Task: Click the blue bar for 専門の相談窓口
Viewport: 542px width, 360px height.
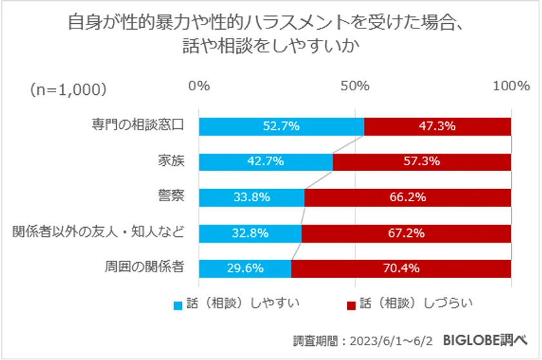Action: pos(281,126)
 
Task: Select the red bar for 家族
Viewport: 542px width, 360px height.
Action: pos(422,162)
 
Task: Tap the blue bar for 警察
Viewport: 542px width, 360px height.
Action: pos(252,197)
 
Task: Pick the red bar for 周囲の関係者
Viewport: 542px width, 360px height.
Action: pos(401,268)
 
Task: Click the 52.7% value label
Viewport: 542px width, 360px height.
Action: pos(281,126)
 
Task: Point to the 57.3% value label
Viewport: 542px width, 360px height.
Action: pos(422,162)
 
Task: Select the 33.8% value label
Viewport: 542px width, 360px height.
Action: pos(252,197)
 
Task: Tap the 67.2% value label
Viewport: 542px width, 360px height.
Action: pos(406,233)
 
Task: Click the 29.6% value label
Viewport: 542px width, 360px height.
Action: pos(245,268)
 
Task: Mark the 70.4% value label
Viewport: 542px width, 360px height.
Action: pos(401,268)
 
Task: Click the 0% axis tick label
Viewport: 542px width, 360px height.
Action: pos(199,86)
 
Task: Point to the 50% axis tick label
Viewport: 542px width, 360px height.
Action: pos(355,86)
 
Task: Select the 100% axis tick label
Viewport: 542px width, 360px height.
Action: pos(510,86)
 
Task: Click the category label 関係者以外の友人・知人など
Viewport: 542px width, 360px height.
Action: pos(99,232)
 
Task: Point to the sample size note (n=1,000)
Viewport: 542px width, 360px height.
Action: pos(68,89)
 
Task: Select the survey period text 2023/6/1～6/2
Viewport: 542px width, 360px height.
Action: pos(390,340)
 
